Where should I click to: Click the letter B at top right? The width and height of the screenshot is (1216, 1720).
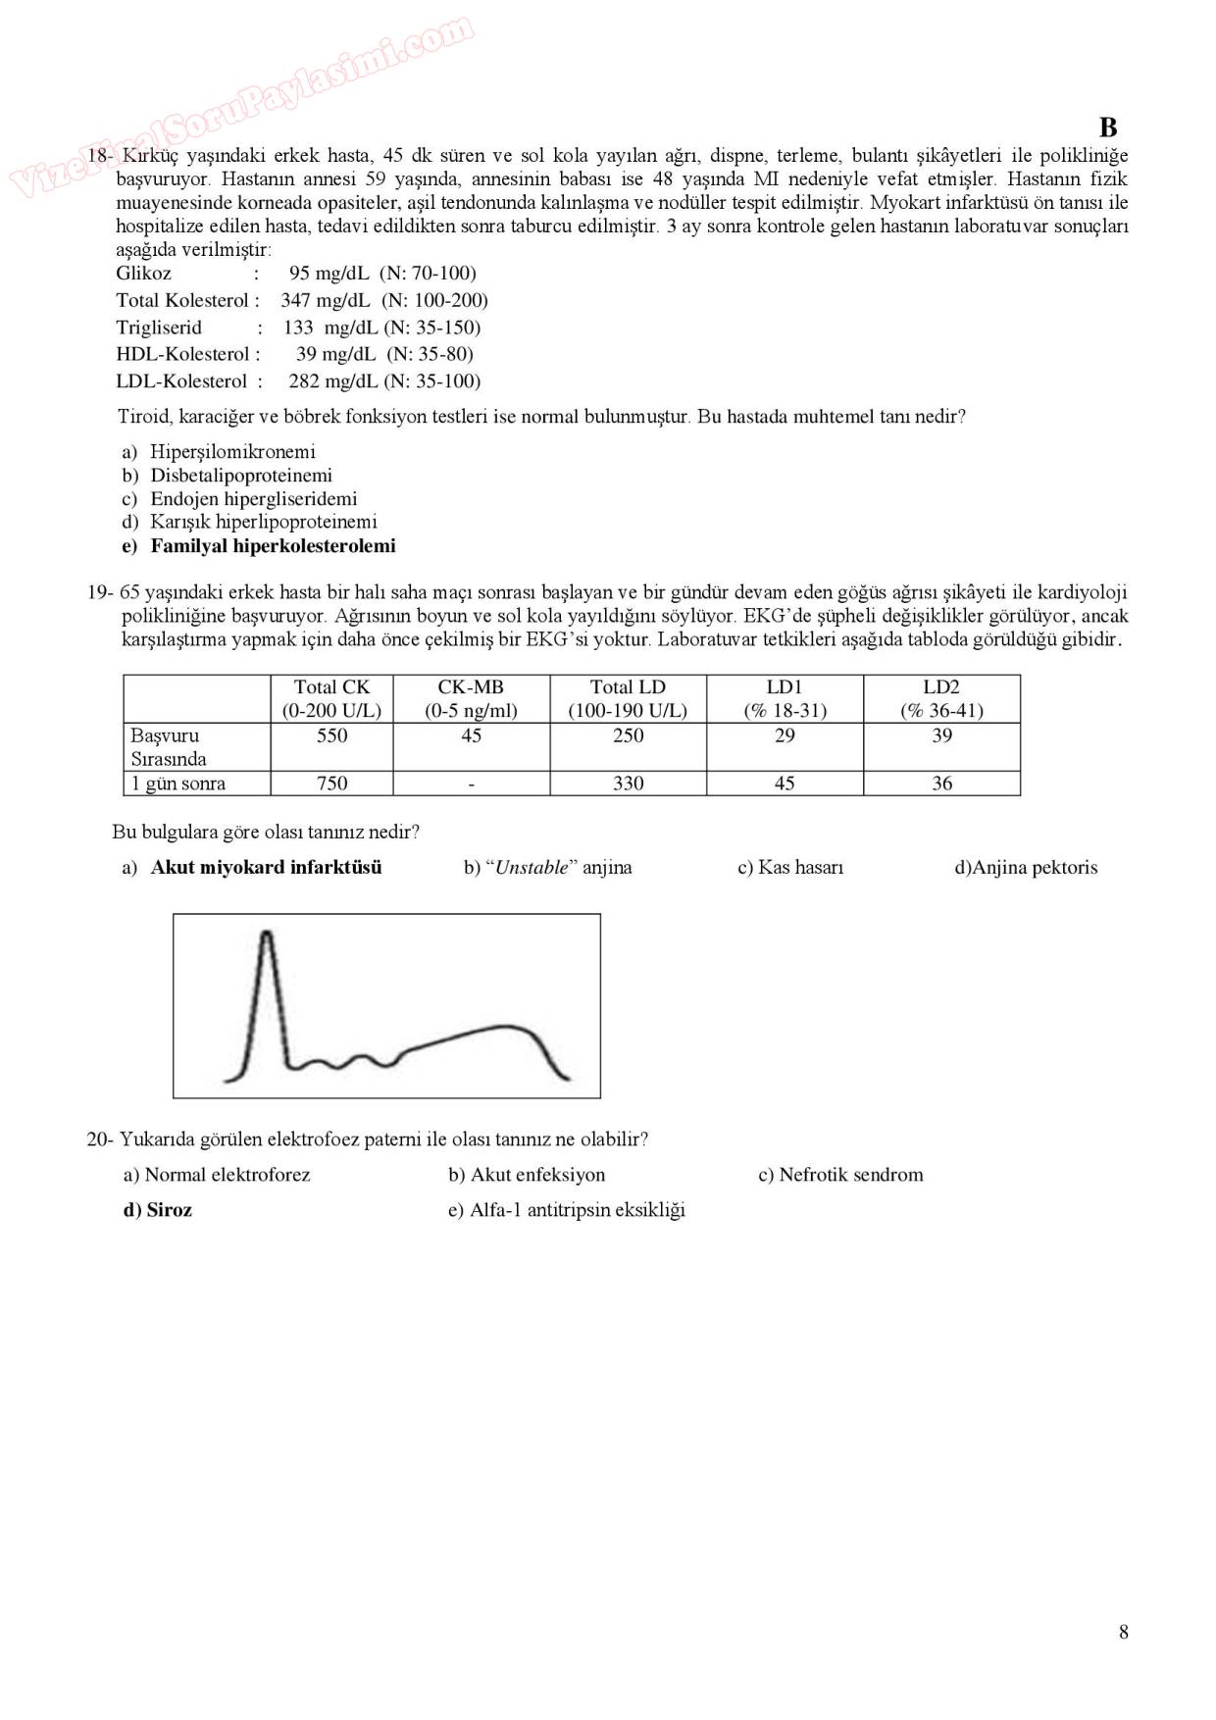click(1108, 127)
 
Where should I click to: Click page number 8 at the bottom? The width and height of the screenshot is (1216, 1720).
click(1123, 1632)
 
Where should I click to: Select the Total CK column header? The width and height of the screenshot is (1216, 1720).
click(331, 698)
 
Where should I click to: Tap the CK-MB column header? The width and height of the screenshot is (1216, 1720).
click(471, 698)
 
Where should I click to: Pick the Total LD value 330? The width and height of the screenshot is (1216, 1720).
click(628, 784)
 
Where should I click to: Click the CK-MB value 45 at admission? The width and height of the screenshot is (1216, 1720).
click(471, 735)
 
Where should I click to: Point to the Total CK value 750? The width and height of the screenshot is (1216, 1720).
click(331, 784)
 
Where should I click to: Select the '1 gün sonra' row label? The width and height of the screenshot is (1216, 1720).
click(178, 784)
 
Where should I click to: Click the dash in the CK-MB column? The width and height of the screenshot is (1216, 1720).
click(471, 784)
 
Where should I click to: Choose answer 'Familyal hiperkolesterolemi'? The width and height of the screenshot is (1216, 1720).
click(273, 546)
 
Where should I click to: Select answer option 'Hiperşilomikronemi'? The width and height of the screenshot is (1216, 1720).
click(232, 452)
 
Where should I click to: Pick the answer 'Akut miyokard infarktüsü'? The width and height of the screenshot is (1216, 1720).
click(266, 868)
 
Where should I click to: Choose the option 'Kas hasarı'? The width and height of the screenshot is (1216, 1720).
click(800, 868)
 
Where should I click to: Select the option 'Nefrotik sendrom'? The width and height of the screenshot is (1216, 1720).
click(850, 1175)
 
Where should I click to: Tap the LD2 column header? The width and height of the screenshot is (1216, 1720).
click(941, 698)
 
